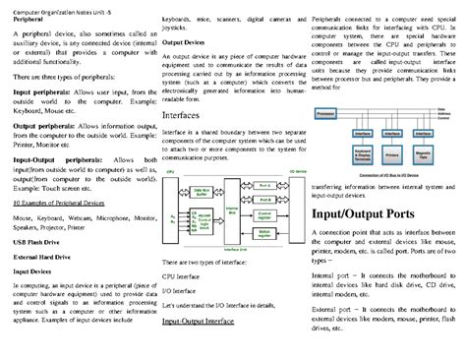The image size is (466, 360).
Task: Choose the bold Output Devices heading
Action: [x=183, y=43]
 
